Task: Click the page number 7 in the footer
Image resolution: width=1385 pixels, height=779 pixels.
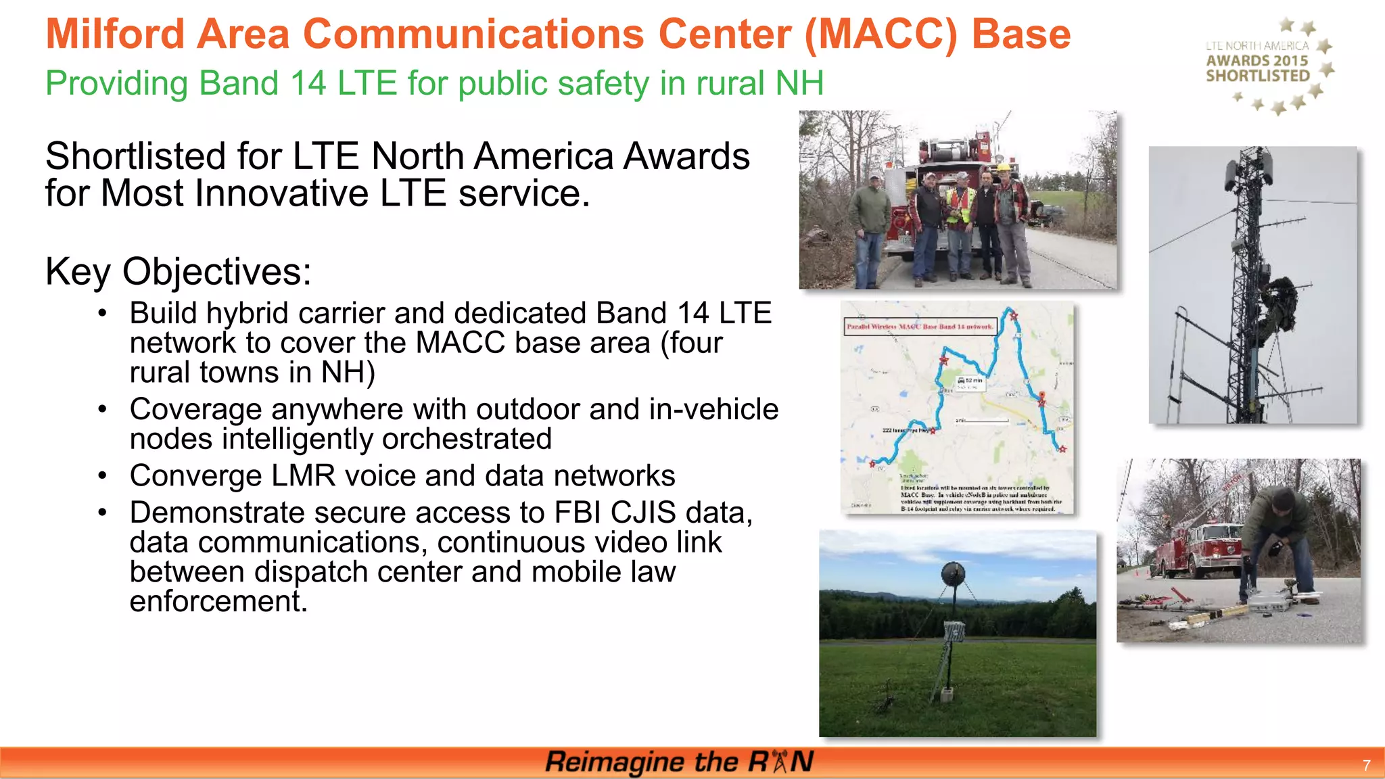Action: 1366,765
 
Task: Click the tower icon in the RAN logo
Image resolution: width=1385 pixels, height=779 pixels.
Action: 779,761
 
